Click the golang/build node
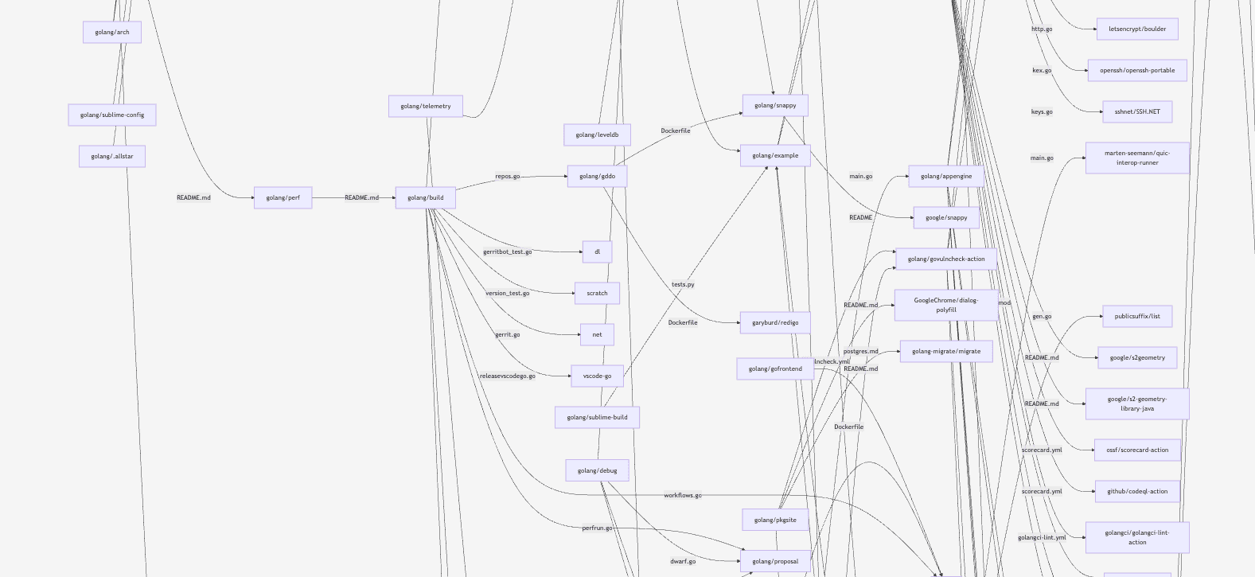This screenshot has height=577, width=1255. pos(425,197)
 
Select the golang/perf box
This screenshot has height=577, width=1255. pos(283,197)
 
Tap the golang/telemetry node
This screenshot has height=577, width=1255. pos(425,106)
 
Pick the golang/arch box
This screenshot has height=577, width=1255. pos(112,32)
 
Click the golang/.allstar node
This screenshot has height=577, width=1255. pos(112,156)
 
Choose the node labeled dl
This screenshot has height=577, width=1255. pos(597,251)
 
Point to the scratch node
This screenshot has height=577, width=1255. pos(597,293)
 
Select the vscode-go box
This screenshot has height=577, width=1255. pos(597,376)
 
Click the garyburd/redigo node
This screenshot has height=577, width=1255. pos(775,322)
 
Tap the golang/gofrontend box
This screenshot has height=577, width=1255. pos(775,368)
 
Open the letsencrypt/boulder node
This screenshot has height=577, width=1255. pos(1137,29)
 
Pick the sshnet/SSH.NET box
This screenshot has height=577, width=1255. pos(1137,111)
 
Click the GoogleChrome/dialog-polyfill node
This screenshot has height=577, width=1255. pos(946,305)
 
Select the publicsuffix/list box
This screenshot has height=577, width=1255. pos(1137,316)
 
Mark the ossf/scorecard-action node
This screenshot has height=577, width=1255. pos(1137,450)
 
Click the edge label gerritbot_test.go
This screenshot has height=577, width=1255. pos(508,251)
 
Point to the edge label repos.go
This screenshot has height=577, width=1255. pos(508,176)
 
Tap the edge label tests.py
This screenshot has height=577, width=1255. pos(683,284)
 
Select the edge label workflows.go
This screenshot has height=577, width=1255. pos(683,495)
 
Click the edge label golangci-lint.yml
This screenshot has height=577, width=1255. pos(1042,537)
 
